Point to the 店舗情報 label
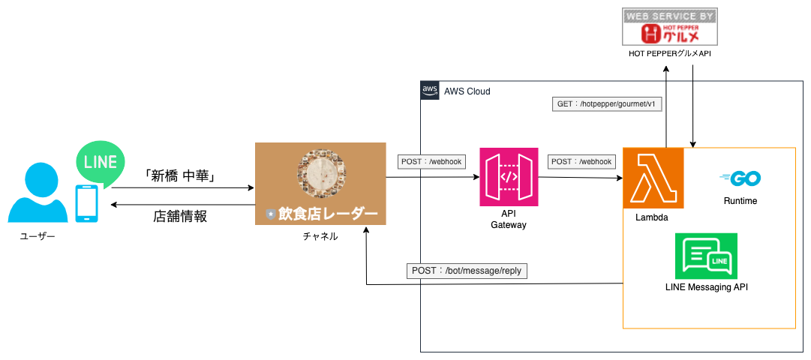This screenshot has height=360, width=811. tap(179, 216)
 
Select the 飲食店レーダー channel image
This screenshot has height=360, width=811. tap(320, 183)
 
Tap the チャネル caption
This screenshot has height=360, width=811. tap(320, 236)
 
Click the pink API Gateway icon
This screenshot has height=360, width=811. tap(509, 177)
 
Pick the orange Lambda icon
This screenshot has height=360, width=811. tap(653, 178)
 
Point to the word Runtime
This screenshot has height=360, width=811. tap(740, 201)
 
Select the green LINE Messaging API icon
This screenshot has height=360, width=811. tap(705, 256)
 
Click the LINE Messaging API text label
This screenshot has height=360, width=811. tap(706, 286)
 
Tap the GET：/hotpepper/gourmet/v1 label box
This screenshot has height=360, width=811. tap(607, 103)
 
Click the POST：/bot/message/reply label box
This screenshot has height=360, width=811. tap(467, 270)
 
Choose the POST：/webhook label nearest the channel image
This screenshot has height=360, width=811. tap(431, 160)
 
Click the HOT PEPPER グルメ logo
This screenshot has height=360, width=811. tap(669, 27)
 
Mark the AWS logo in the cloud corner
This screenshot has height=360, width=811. tap(429, 90)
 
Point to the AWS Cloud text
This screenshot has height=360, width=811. tap(467, 91)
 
